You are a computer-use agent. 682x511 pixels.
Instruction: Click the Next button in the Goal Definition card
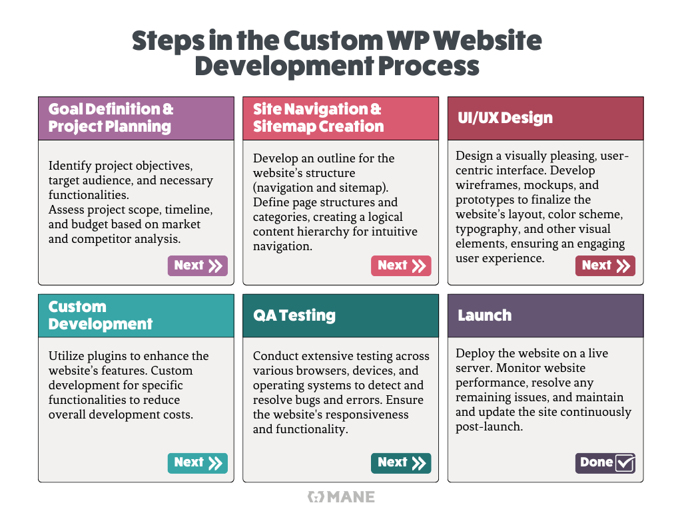pyautogui.click(x=197, y=265)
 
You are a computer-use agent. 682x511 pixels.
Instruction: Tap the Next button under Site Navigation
pyautogui.click(x=401, y=265)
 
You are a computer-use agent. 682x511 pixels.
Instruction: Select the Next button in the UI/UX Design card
pyautogui.click(x=605, y=265)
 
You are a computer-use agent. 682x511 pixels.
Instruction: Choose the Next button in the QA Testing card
pyautogui.click(x=401, y=463)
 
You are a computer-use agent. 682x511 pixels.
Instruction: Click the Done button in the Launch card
pyautogui.click(x=605, y=463)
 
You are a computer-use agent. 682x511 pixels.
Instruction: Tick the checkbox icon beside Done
pyautogui.click(x=625, y=463)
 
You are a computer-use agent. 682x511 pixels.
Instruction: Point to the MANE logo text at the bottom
pyautogui.click(x=351, y=496)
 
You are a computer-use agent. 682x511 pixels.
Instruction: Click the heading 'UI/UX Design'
pyautogui.click(x=505, y=118)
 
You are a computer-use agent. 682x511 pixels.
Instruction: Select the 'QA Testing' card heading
pyautogui.click(x=294, y=315)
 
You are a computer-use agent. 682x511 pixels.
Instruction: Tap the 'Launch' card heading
pyautogui.click(x=485, y=315)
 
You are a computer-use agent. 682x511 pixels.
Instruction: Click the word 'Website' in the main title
pyautogui.click(x=488, y=41)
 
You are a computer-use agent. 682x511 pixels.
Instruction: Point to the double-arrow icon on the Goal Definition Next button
pyautogui.click(x=215, y=266)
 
